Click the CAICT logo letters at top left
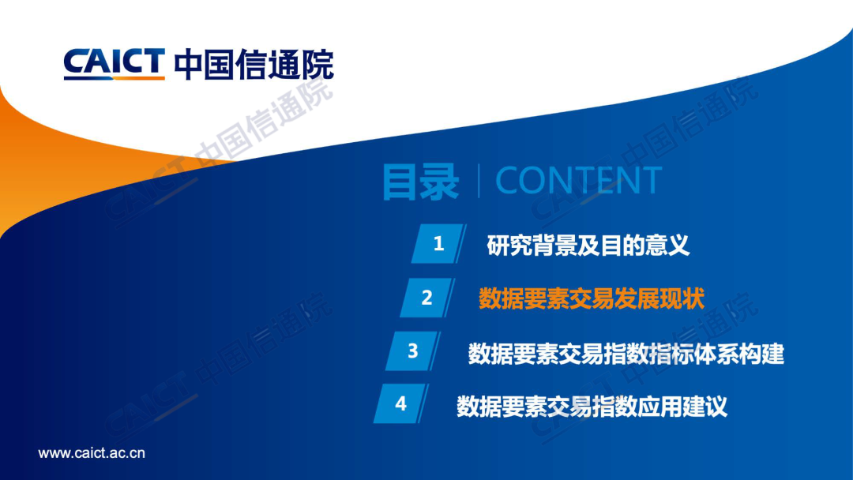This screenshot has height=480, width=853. point(115,62)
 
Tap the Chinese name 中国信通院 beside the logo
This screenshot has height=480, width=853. point(254,64)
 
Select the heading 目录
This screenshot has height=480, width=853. point(420,182)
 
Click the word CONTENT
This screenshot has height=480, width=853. point(579,181)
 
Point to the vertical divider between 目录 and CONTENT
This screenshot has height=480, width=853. point(478,181)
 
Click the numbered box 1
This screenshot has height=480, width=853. point(438,243)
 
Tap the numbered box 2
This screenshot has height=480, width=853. point(427,298)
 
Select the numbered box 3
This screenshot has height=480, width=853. point(413,351)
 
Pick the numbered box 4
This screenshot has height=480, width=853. point(401,403)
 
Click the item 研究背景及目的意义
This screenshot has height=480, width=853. point(588,246)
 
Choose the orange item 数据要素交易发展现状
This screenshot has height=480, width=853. point(592,298)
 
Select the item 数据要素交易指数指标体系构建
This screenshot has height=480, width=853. point(626,354)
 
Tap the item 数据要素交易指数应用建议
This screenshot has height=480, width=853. point(592,406)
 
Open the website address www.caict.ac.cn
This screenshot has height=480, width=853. point(92,453)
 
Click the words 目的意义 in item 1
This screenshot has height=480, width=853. point(645,246)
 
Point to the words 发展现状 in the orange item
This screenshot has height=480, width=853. point(659,298)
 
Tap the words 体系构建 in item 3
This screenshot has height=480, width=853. point(740,354)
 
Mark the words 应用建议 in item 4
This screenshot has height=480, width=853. point(682,406)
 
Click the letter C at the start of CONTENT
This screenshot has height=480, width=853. point(508,181)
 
